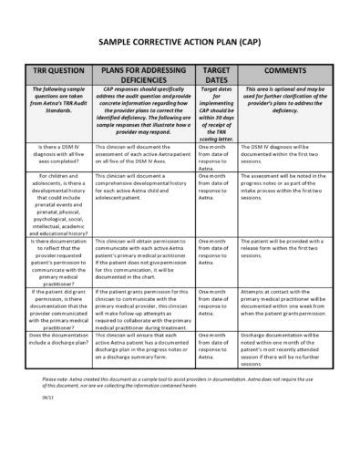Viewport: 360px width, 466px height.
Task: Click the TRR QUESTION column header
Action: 63,71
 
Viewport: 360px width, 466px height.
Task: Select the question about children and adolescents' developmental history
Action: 63,202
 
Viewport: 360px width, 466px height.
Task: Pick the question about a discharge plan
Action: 63,339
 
